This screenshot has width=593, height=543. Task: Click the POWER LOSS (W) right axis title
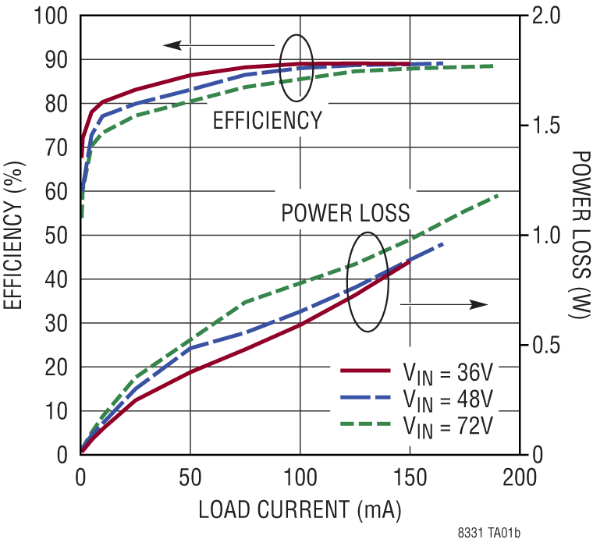click(579, 235)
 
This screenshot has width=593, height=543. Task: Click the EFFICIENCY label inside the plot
click(267, 121)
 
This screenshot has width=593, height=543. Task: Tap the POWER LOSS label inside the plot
click(345, 213)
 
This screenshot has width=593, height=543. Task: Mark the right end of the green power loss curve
click(497, 196)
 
